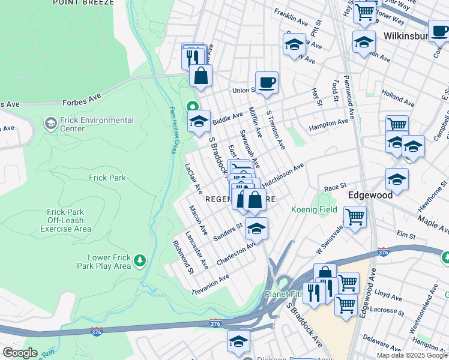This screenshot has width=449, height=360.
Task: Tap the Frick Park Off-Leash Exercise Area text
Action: click(70, 220)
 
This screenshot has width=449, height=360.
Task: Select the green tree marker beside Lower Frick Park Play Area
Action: click(140, 260)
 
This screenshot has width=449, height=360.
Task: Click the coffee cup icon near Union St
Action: click(266, 82)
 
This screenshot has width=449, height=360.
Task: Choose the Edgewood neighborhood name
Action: click(370, 195)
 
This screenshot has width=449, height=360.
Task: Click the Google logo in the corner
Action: click(19, 353)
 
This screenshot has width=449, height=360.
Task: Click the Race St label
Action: click(336, 187)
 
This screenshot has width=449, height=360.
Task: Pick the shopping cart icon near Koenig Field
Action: click(355, 216)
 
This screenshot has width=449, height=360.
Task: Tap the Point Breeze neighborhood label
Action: click(83, 3)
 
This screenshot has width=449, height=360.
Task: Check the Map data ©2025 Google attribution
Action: click(411, 355)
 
